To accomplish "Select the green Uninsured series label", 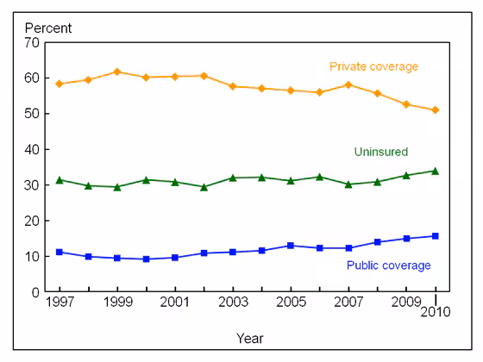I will click(380, 152).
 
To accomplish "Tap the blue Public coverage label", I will click(388, 265).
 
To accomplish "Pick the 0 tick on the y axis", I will click(34, 292).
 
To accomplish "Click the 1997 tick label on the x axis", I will click(59, 303).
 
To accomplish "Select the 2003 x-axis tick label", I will click(233, 303).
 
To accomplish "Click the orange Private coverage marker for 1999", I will click(117, 72).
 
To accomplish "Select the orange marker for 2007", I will click(348, 84).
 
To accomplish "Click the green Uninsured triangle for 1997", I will click(60, 179).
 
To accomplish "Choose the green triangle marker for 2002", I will click(204, 186).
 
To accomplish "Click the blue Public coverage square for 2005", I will click(291, 246).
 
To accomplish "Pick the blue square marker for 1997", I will click(60, 252).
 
